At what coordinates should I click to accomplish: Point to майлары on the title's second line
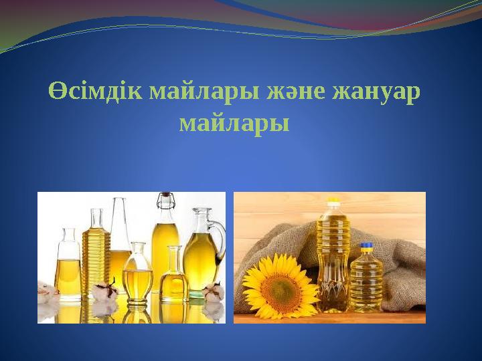234,123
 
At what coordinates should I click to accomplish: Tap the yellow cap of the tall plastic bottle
333,201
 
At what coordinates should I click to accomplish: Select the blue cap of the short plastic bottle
366,246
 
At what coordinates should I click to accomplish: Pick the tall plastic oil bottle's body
333,261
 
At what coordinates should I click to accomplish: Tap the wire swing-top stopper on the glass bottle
164,199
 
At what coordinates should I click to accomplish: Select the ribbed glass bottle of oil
96,257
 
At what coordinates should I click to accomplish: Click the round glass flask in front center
138,277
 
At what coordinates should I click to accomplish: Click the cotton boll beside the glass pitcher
212,291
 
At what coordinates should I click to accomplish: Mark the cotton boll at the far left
46,291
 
